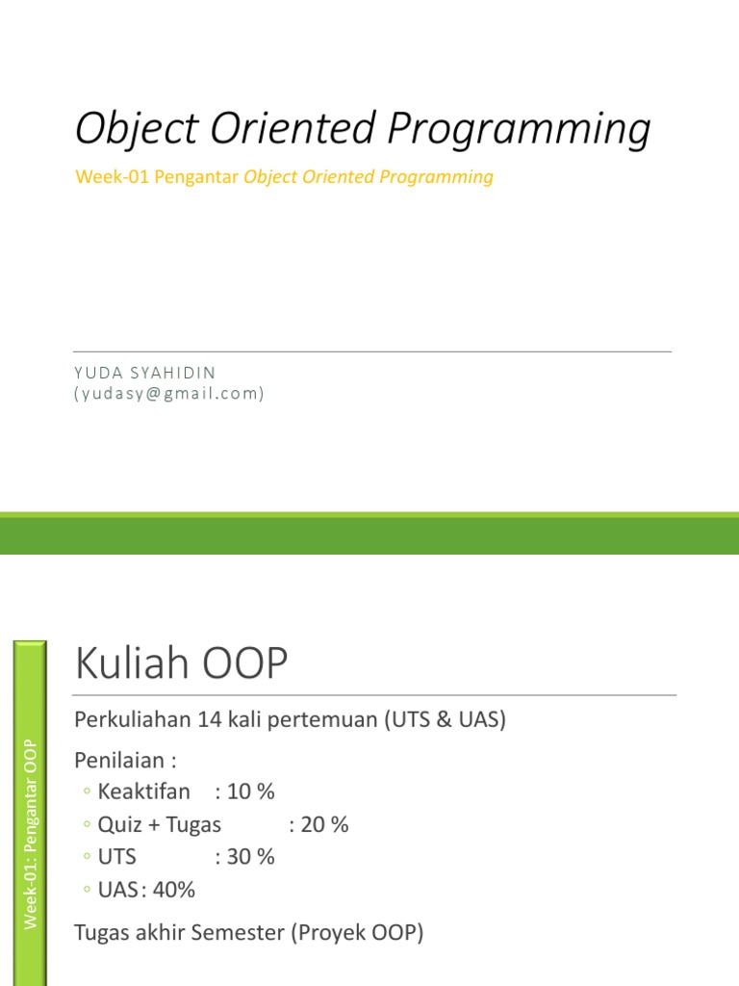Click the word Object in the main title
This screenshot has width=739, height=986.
click(x=137, y=129)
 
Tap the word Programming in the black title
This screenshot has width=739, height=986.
click(x=519, y=129)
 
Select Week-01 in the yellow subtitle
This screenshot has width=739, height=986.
click(x=112, y=177)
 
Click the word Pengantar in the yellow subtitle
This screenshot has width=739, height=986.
click(x=196, y=177)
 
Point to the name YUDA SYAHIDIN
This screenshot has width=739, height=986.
click(x=145, y=373)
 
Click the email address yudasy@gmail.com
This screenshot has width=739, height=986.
click(x=169, y=394)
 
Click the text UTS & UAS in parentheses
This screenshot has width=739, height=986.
click(x=446, y=719)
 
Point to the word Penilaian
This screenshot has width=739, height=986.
click(x=119, y=761)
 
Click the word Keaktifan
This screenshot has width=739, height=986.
click(x=144, y=791)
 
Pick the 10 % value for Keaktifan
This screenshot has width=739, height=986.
click(x=251, y=791)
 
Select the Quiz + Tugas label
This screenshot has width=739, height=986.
click(x=160, y=825)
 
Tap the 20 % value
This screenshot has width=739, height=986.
click(x=324, y=824)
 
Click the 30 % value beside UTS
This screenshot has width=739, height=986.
click(x=251, y=857)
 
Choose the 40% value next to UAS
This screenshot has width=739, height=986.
click(x=173, y=890)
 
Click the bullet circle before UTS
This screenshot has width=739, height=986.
click(x=87, y=856)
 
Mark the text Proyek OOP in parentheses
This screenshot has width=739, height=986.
click(x=358, y=932)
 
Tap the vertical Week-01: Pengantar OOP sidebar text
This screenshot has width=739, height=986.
click(x=30, y=835)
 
